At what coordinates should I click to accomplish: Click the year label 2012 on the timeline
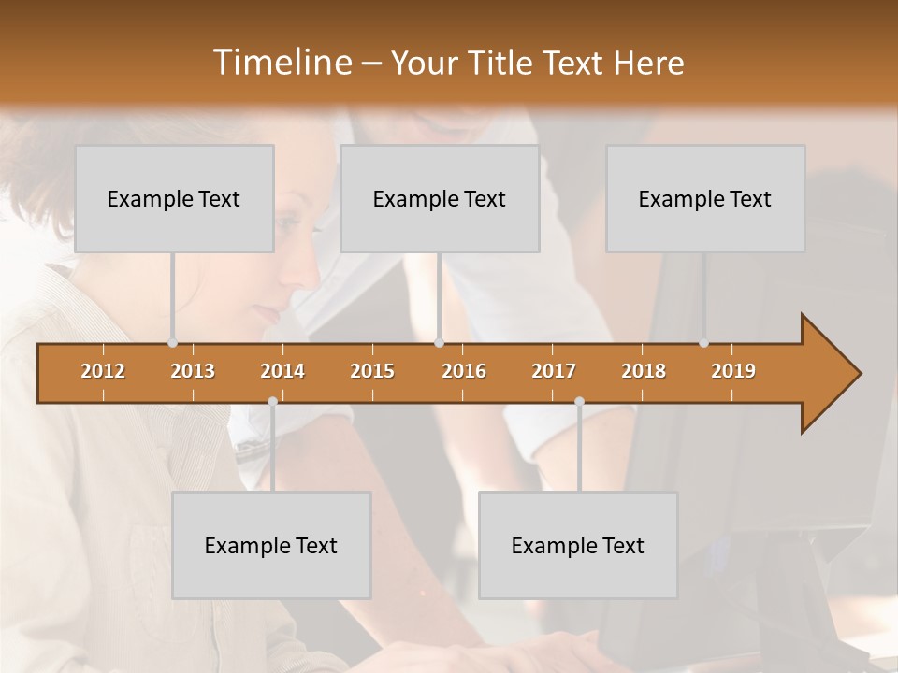103,371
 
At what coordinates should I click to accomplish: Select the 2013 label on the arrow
193,371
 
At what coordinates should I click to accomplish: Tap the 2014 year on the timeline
282,371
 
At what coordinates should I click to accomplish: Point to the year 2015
372,371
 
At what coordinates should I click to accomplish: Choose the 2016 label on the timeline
464,371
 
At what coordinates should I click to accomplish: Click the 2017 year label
554,371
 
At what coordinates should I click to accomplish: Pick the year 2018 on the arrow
644,371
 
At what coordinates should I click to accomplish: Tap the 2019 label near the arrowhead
733,371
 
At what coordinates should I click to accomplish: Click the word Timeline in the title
281,63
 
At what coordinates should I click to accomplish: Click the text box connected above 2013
174,198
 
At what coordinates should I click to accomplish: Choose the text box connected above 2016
440,198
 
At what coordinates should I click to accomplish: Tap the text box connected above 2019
705,198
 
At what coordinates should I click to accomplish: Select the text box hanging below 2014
271,545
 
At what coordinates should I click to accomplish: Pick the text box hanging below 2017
578,545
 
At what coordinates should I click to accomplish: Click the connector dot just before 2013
172,343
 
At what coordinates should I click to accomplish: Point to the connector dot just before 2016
439,343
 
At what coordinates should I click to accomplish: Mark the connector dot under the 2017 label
579,401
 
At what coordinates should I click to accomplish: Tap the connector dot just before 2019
703,343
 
